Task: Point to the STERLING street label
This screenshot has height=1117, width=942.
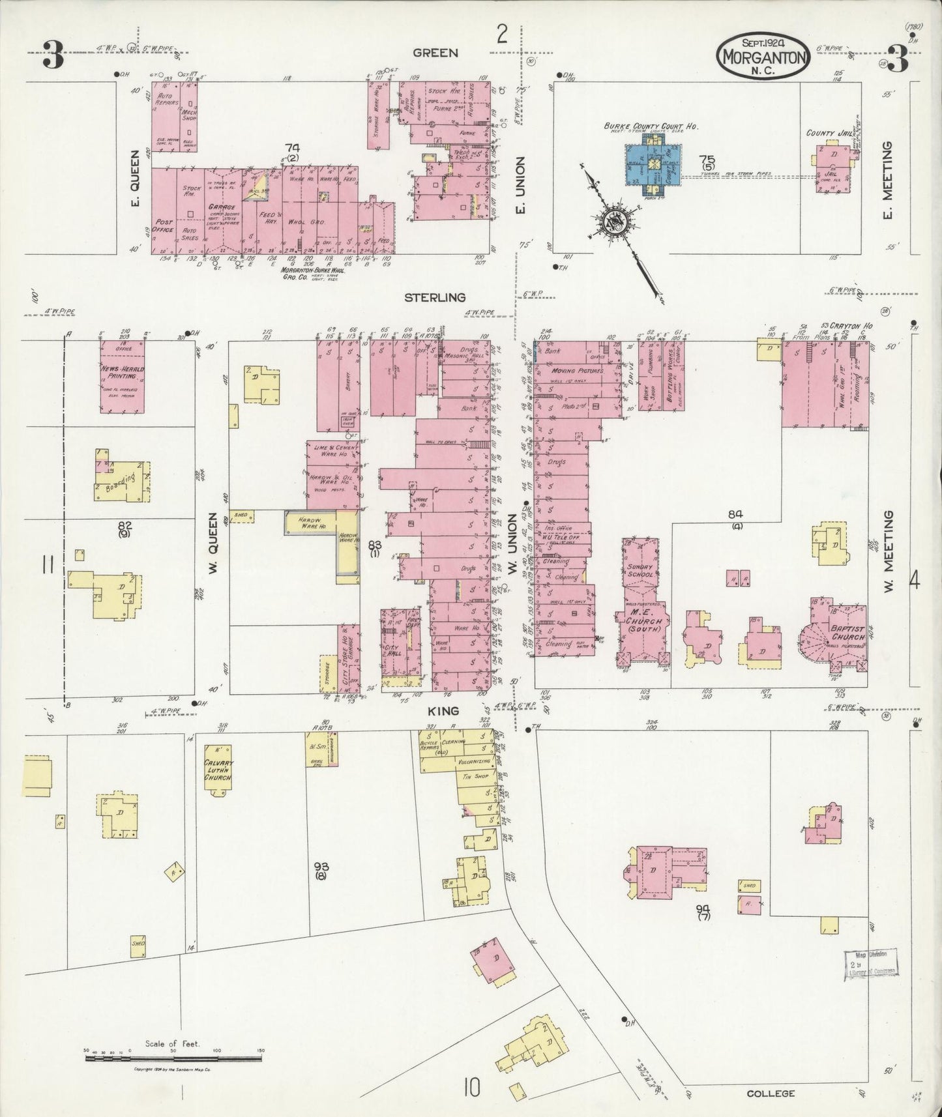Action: click(435, 298)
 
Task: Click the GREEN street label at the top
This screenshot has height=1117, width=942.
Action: click(435, 53)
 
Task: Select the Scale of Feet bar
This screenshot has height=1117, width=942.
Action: click(174, 1059)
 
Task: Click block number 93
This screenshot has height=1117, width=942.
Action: click(320, 867)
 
